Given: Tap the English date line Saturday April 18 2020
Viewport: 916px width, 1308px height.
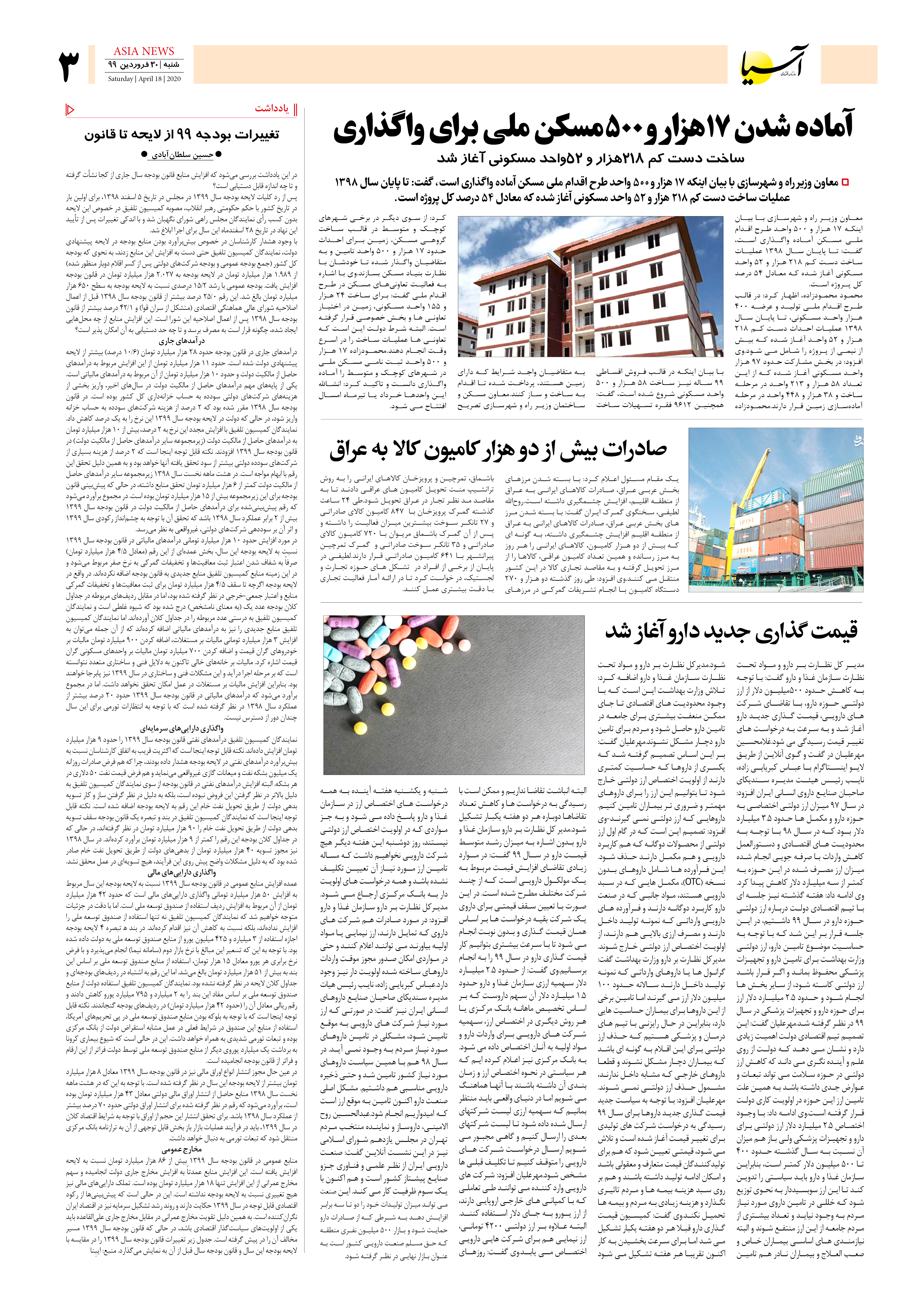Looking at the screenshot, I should tap(144, 79).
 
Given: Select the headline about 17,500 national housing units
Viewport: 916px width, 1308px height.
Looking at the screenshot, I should tap(593, 128).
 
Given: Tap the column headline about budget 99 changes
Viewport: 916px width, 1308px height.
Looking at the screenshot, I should tap(182, 135).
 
